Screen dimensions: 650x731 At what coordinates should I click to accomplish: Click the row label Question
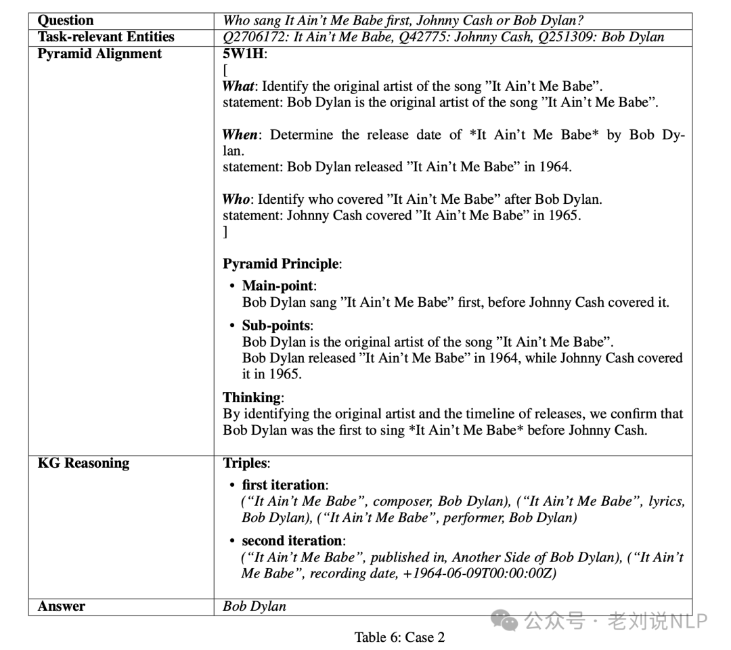66,20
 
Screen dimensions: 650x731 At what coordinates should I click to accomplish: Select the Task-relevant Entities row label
106,37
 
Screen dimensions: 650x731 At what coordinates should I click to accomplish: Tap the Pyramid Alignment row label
99,53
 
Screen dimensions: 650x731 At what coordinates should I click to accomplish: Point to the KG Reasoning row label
83,463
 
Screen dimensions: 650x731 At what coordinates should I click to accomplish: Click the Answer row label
62,606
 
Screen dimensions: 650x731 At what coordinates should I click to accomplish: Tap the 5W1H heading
245,53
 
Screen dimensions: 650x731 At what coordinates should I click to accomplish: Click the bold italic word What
238,86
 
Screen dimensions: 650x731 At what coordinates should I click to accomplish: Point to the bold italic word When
240,135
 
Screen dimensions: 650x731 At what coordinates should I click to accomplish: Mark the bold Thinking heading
253,397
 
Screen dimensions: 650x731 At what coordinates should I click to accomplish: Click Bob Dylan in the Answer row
254,606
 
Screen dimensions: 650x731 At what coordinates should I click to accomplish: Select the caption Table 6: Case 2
399,636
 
